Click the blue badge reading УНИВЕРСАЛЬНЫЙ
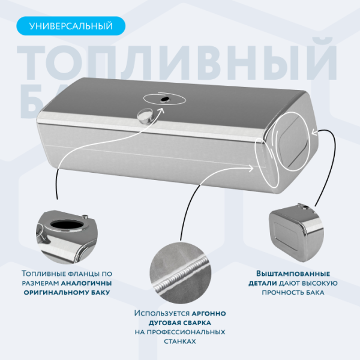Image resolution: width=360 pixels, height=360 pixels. pyautogui.click(x=71, y=26)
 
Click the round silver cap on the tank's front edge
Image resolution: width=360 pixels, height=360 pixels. pyautogui.click(x=145, y=116)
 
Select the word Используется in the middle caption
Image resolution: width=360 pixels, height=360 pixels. pyautogui.click(x=161, y=313)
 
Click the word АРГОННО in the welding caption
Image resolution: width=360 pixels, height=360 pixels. pyautogui.click(x=208, y=313)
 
